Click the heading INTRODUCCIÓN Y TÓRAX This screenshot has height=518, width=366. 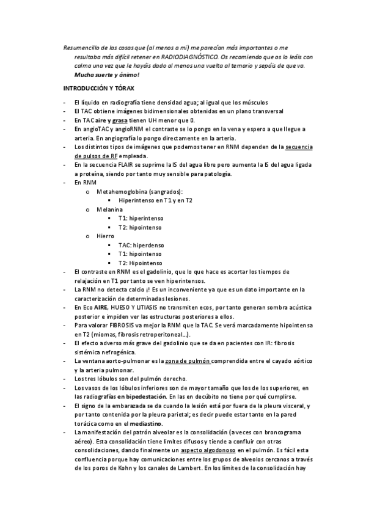[99, 88]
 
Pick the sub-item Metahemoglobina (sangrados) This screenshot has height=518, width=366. [131, 191]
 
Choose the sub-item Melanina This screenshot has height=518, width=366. [109, 209]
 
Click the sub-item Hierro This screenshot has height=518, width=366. [106, 235]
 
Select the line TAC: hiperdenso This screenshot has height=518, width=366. [141, 244]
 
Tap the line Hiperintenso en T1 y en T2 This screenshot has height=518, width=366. [156, 200]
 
